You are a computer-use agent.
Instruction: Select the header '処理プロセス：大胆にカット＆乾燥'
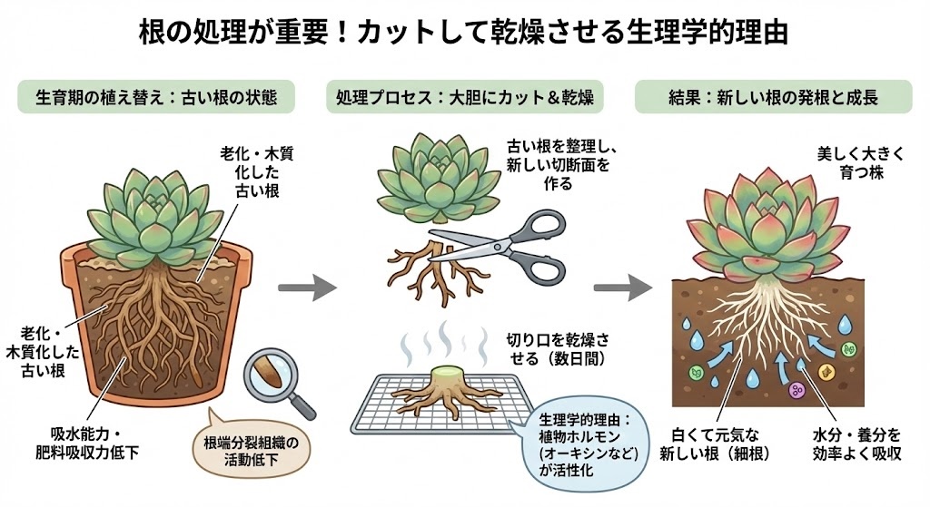pyautogui.click(x=464, y=96)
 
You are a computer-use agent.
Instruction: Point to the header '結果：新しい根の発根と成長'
pyautogui.click(x=775, y=96)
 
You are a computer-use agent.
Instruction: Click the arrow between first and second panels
pyautogui.click(x=305, y=289)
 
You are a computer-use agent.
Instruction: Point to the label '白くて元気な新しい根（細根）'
pyautogui.click(x=717, y=442)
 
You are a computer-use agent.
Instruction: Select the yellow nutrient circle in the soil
pyautogui.click(x=826, y=371)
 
